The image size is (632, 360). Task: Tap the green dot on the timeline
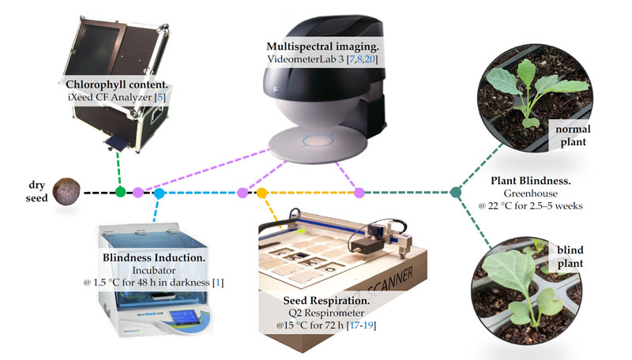coord(120,192)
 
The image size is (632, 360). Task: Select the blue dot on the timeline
coord(159,193)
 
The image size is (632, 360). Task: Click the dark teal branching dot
coord(456,192)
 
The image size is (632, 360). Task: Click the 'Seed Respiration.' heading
coord(325,301)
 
